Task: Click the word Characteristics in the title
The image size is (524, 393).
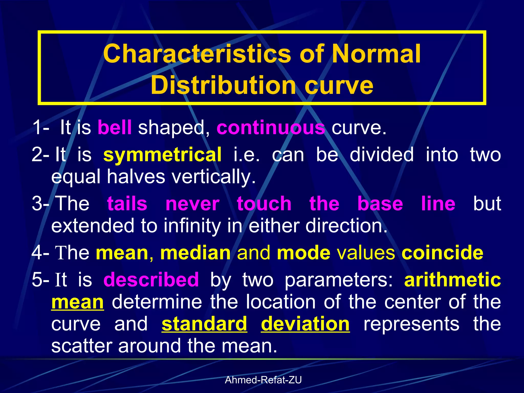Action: (197, 54)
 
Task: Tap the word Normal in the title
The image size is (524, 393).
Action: (376, 54)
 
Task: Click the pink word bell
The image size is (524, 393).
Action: (115, 127)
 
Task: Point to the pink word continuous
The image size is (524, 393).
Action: (271, 128)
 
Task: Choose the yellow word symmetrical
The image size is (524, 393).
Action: (162, 155)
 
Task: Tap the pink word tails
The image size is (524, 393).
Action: (127, 204)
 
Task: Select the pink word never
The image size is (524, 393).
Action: (192, 204)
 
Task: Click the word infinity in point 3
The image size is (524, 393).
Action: (192, 226)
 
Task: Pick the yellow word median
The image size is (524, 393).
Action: (195, 253)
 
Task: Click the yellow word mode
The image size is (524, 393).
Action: (303, 253)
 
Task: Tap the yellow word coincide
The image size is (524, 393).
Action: (442, 253)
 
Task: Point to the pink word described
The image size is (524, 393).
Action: (151, 280)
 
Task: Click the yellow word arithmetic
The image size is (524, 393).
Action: (452, 280)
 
